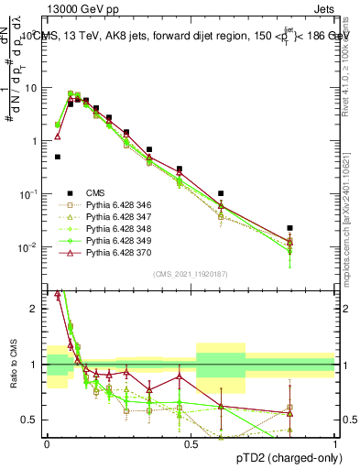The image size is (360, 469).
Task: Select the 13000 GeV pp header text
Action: [57, 7]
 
